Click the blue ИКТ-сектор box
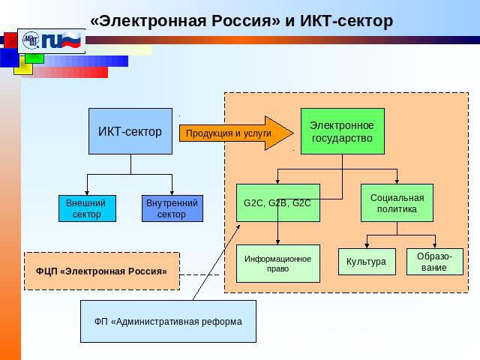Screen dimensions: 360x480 pyautogui.click(x=130, y=131)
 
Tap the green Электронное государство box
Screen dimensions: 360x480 pyautogui.click(x=341, y=131)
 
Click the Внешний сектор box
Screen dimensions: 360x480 pyautogui.click(x=87, y=208)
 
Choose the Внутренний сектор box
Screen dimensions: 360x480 pyautogui.click(x=172, y=208)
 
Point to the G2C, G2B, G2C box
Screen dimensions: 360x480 pyautogui.click(x=277, y=202)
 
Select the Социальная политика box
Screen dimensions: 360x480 pyautogui.click(x=397, y=202)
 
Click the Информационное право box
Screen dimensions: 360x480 pyautogui.click(x=277, y=263)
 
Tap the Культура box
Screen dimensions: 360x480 pyautogui.click(x=366, y=262)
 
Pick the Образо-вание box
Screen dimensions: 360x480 pyautogui.click(x=434, y=262)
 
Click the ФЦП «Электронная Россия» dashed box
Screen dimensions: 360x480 pyautogui.click(x=102, y=271)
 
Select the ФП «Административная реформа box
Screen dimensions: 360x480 pyautogui.click(x=168, y=321)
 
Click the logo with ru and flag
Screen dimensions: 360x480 pyautogui.click(x=51, y=40)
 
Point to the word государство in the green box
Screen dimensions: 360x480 pyautogui.click(x=341, y=138)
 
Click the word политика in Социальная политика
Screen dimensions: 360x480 pyautogui.click(x=397, y=209)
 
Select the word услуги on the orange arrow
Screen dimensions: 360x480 pyautogui.click(x=258, y=133)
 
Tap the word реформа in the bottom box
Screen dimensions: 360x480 pyautogui.click(x=224, y=322)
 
